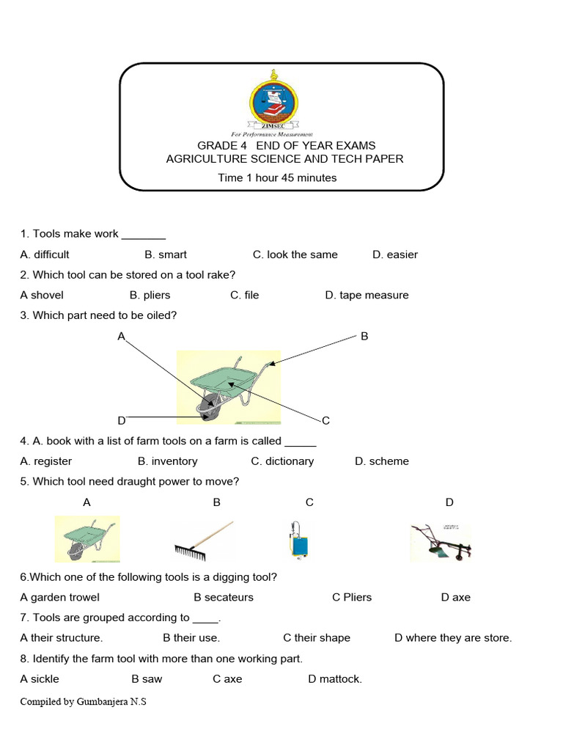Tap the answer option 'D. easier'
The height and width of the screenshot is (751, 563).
pyautogui.click(x=394, y=254)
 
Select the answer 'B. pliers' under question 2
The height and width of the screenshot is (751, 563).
pyautogui.click(x=150, y=295)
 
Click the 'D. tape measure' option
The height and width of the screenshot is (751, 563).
pyautogui.click(x=367, y=295)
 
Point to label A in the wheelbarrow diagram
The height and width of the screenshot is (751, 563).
pyautogui.click(x=122, y=336)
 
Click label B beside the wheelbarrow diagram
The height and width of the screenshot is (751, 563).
pyautogui.click(x=364, y=336)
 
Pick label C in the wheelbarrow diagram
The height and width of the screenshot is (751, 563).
pyautogui.click(x=325, y=420)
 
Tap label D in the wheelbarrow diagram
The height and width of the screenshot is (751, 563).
pyautogui.click(x=122, y=420)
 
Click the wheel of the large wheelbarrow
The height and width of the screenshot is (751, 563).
pyautogui.click(x=210, y=406)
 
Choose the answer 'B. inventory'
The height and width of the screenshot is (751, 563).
pyautogui.click(x=167, y=461)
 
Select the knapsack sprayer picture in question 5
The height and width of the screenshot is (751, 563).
pyautogui.click(x=297, y=541)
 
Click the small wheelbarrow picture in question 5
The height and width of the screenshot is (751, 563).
pyautogui.click(x=87, y=539)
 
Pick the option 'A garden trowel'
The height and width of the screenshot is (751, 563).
pyautogui.click(x=60, y=597)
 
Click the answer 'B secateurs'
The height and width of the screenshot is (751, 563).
pyautogui.click(x=224, y=597)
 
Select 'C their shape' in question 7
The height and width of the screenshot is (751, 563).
pyautogui.click(x=317, y=637)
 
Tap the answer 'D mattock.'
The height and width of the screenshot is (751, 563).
pyautogui.click(x=335, y=678)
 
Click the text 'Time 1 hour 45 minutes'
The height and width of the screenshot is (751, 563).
pyautogui.click(x=277, y=177)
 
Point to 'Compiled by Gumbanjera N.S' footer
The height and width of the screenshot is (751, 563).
pyautogui.click(x=84, y=702)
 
